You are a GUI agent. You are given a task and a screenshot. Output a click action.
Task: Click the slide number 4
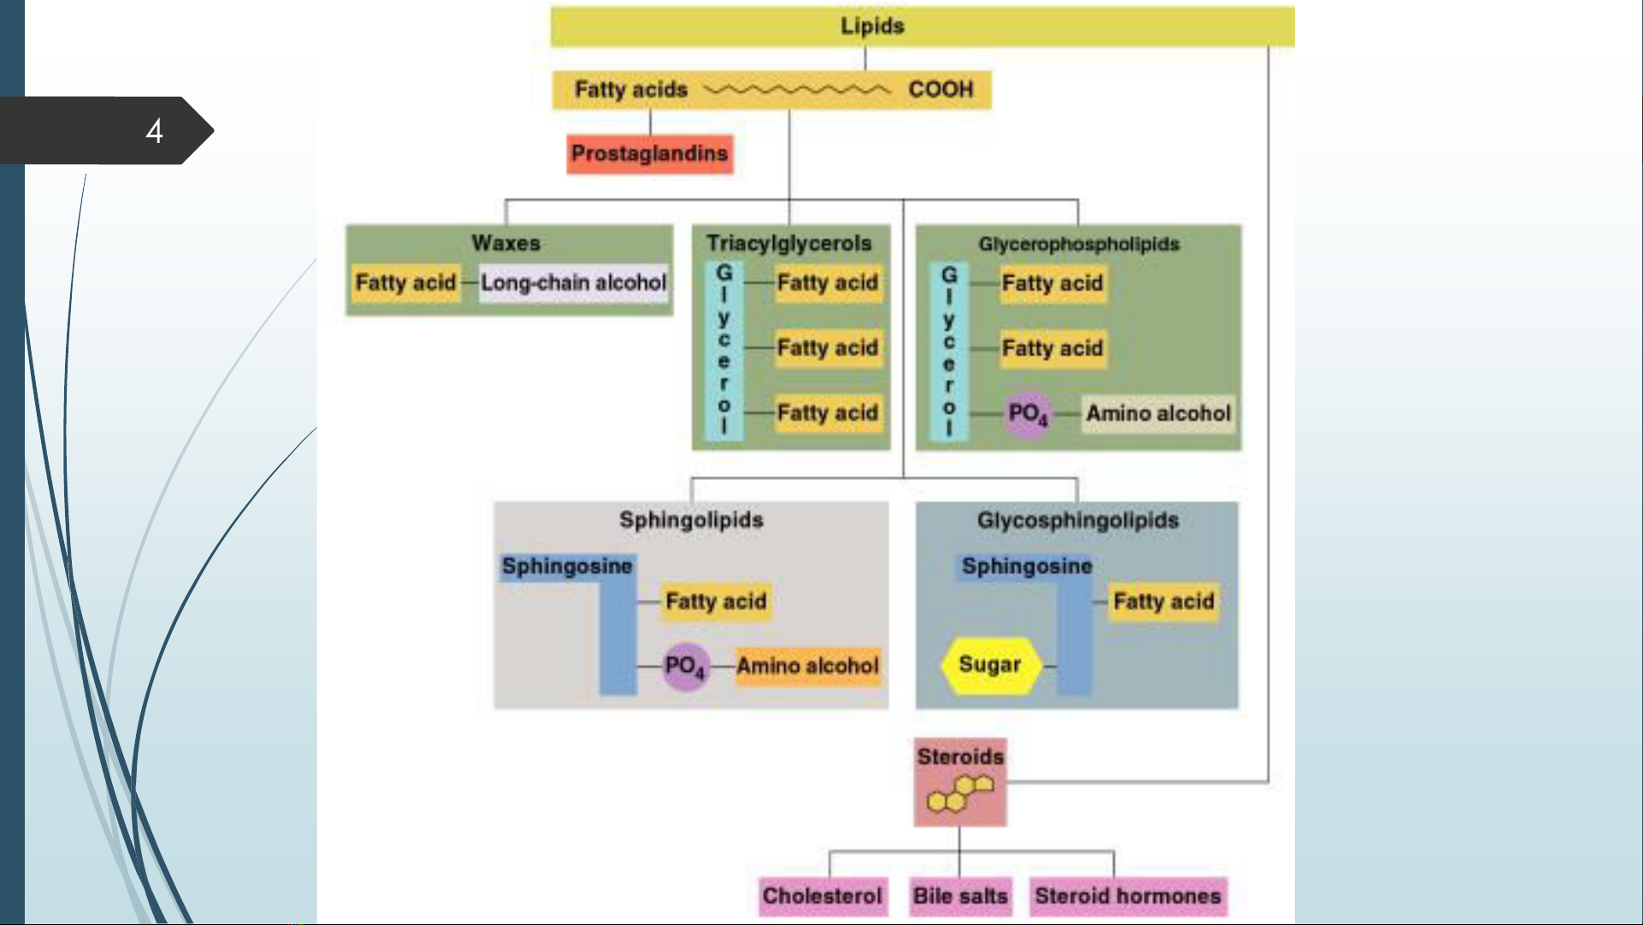tap(154, 131)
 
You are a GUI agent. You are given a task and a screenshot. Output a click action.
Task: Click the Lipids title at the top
tap(872, 26)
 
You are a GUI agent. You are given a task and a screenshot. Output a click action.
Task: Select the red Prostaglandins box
tap(649, 154)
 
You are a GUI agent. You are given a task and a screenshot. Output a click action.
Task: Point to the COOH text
tap(940, 89)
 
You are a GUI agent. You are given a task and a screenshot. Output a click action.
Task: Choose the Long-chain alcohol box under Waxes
tap(573, 282)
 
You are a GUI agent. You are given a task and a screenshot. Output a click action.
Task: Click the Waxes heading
tap(505, 243)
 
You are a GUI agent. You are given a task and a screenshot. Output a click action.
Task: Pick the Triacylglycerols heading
tap(789, 243)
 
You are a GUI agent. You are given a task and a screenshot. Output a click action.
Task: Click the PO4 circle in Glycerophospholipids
tap(1026, 414)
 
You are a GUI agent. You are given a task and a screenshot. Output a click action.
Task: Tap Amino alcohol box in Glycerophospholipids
tap(1158, 413)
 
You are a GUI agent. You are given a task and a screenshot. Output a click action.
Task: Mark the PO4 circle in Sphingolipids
tap(684, 666)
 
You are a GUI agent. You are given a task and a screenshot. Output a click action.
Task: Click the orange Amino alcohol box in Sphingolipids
tap(807, 666)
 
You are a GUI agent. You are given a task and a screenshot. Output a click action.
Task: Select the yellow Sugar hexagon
tap(990, 665)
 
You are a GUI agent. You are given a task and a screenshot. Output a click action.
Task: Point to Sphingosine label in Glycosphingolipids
tap(1026, 566)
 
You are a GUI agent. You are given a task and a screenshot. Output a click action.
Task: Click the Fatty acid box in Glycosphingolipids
tap(1163, 602)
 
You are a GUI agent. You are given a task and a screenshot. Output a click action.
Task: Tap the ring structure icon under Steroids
tap(960, 793)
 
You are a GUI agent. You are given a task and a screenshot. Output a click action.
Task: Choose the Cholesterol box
tap(822, 896)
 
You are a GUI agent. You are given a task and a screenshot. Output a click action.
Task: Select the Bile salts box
tap(960, 896)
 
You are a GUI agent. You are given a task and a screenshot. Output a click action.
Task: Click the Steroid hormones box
tap(1127, 896)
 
